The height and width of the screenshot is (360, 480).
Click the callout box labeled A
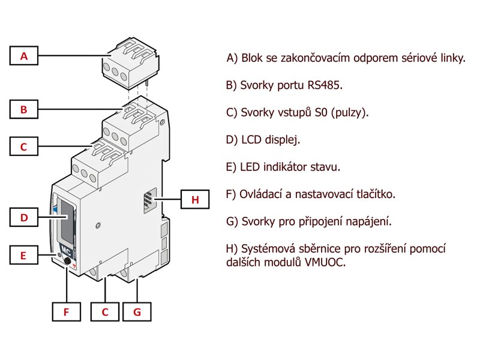24,56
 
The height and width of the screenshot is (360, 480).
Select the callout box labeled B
24,110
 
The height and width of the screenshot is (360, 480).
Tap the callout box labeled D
24,218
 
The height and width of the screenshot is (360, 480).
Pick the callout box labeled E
24,255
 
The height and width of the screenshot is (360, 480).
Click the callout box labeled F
66,312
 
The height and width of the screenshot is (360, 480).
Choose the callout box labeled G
137,312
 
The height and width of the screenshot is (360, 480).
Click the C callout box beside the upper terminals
24,146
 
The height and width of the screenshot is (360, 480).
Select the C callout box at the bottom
105,312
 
